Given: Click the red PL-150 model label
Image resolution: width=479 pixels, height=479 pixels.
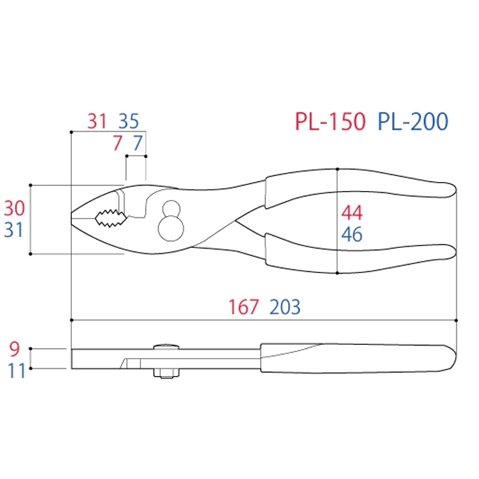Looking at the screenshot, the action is tap(331, 122).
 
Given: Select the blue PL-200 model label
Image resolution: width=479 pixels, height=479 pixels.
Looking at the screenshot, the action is tap(413, 122).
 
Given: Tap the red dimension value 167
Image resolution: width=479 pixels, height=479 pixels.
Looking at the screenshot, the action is tap(244, 307).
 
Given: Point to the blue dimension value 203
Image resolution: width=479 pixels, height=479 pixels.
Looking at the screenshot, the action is tap(285, 307).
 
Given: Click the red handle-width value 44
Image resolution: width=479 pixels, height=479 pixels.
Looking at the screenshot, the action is tap(352, 213).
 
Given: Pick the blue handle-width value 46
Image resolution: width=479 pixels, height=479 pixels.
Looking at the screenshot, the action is tap(352, 234).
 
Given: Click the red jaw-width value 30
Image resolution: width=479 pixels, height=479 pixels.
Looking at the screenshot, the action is tap(14, 208).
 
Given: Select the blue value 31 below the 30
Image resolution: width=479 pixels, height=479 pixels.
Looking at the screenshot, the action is tap(14, 230).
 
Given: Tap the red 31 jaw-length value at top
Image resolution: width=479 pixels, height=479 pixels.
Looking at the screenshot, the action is tap(97, 121).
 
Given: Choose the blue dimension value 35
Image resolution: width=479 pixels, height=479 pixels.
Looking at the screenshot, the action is tap(129, 121).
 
